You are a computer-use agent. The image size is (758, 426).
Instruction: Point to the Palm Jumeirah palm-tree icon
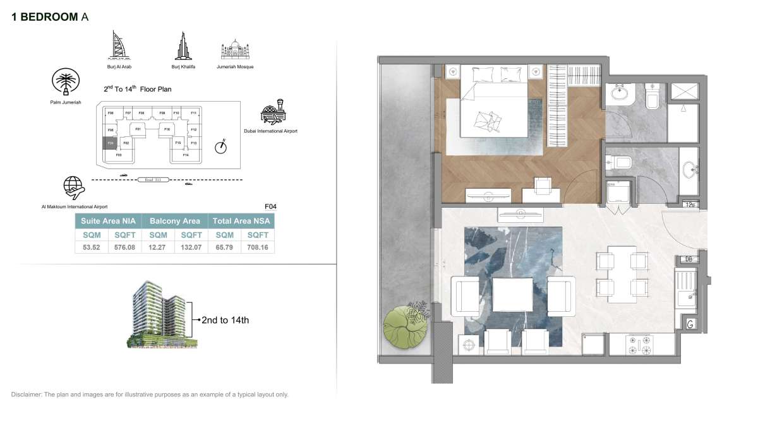64,83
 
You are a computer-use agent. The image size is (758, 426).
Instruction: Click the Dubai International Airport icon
272,113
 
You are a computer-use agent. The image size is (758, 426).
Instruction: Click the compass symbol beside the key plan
220,147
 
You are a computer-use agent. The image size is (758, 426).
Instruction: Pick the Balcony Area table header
174,221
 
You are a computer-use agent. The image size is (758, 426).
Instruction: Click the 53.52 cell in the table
92,247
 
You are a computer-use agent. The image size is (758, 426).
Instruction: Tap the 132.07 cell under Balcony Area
191,247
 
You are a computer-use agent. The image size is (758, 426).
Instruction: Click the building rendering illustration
160,315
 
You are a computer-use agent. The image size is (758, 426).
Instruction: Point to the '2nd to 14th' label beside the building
224,321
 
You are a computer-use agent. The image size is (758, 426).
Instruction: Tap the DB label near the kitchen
689,259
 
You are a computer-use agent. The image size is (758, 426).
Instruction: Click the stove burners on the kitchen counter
639,345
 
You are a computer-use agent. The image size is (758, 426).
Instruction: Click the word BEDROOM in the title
49,17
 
